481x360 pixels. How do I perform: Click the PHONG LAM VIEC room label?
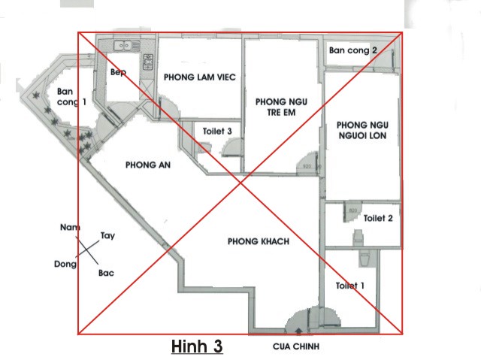pos(200,77)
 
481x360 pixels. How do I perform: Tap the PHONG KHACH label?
pos(259,241)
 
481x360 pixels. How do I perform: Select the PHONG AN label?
pos(148,165)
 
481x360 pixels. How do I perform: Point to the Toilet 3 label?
pos(217,132)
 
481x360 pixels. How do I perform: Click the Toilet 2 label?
pos(378,218)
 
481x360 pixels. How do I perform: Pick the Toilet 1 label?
pos(350,286)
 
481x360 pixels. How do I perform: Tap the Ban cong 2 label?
pos(352,50)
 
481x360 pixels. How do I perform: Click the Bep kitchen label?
pos(118,72)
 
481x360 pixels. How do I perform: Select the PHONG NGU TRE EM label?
pos(281,107)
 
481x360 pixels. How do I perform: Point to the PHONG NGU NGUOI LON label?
pos(362,130)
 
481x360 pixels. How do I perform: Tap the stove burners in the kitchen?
pos(149,62)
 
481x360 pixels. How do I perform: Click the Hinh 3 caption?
pos(197,346)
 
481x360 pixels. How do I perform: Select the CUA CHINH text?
pos(296,346)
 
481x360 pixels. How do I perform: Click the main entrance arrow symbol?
pos(298,331)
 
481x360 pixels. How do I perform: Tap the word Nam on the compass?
pos(70,227)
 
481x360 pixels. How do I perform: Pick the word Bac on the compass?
pos(106,273)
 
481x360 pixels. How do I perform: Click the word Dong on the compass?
pos(65,264)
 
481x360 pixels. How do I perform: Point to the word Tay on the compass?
pos(107,236)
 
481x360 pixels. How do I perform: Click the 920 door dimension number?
pos(307,166)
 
